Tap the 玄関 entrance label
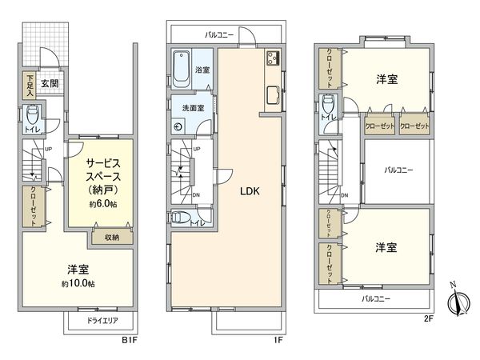(x=50, y=82)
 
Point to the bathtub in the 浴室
(x=180, y=70)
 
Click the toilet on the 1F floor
(x=179, y=218)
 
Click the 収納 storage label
(x=110, y=237)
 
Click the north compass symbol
(x=457, y=303)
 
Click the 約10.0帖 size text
(x=78, y=284)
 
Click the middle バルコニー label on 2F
(x=398, y=170)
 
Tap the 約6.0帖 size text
(x=102, y=204)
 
